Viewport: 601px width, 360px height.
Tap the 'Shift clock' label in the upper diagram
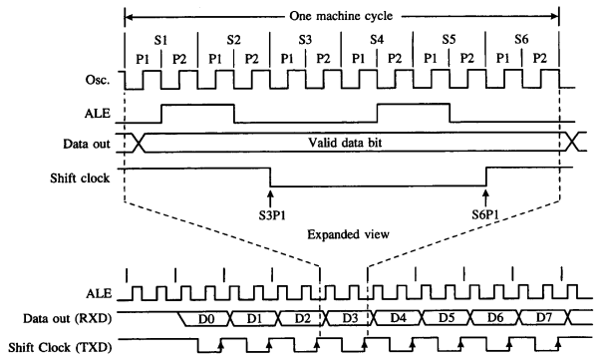click(79, 172)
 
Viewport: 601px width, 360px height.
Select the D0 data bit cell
click(205, 319)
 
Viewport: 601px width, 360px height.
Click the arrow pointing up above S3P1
click(270, 194)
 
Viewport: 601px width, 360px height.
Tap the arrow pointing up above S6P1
click(485, 194)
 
